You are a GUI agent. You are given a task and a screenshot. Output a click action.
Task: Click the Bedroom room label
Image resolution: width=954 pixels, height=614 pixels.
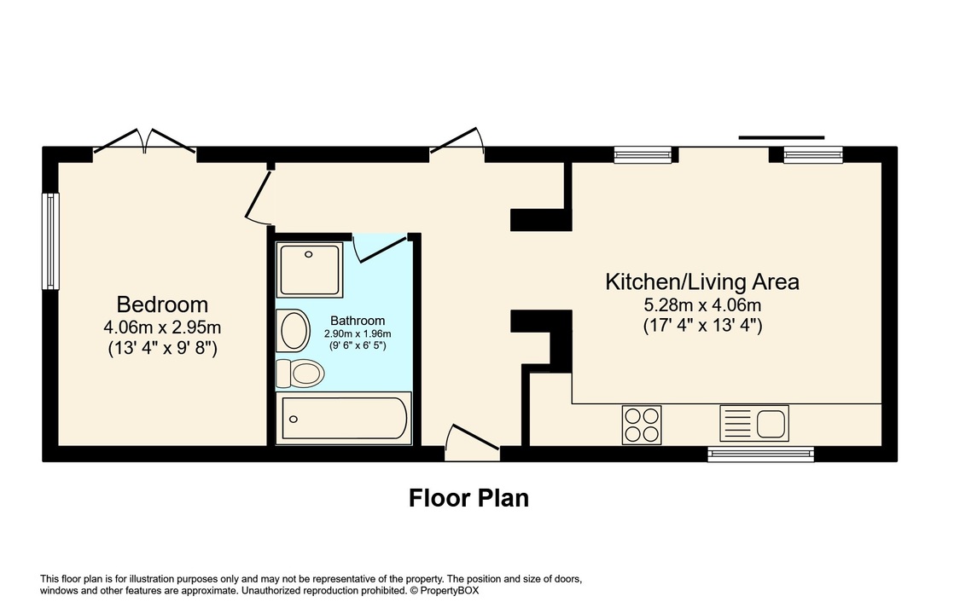[x=162, y=304]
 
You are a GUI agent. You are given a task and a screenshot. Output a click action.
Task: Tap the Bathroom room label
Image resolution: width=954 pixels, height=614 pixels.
[x=358, y=321]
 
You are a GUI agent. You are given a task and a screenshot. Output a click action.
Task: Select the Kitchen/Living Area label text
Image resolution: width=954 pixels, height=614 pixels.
[x=701, y=281]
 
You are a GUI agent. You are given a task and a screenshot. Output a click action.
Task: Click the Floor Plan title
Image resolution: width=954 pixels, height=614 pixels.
[x=468, y=497]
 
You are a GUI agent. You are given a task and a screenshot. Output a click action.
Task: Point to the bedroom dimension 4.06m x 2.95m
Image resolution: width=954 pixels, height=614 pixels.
[x=162, y=327]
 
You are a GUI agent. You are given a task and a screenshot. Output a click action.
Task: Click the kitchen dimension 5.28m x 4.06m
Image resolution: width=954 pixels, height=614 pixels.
[x=701, y=304]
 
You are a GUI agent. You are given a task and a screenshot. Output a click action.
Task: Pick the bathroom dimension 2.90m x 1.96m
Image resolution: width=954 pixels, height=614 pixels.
[x=358, y=334]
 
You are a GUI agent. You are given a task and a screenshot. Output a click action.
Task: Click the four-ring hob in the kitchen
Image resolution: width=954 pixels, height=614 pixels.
[x=643, y=423]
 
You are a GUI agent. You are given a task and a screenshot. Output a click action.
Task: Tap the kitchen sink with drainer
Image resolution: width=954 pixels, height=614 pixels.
[x=754, y=423]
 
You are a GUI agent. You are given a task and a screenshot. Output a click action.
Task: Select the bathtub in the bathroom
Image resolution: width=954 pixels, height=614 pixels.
[x=346, y=418]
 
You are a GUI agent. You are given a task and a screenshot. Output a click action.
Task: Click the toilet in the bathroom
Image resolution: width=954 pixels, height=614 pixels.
[x=300, y=372]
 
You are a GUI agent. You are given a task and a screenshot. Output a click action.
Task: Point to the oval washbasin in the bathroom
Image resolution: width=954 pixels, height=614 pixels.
[x=294, y=330]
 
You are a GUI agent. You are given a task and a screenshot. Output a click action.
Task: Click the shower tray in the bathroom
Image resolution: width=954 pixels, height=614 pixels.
[x=311, y=268]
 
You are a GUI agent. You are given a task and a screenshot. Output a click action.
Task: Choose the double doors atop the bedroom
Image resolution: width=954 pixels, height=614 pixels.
[x=145, y=142]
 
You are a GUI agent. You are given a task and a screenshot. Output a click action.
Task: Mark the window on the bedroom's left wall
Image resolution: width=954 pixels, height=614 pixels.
[x=51, y=240]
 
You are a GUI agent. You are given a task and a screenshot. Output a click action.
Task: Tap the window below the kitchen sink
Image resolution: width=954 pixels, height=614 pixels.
[x=760, y=454]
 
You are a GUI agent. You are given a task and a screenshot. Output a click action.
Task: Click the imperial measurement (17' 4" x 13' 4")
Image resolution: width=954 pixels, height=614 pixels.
[x=701, y=325]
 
